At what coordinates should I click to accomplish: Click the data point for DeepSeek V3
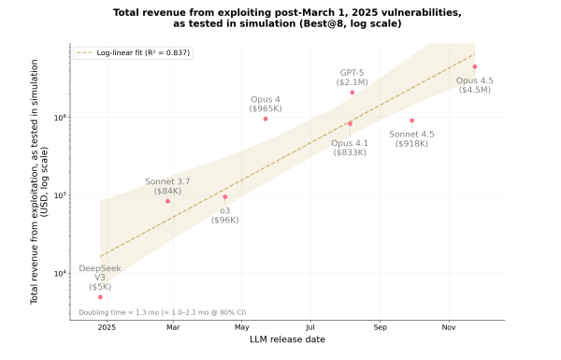tap(100, 296)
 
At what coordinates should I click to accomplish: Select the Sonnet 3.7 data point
tap(167, 201)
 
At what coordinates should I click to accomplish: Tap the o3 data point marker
tap(224, 196)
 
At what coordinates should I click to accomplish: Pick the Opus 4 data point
tap(266, 119)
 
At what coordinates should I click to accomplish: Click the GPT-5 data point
tap(352, 93)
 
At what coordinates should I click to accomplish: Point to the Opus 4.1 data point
tap(350, 123)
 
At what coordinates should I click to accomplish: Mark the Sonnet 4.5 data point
tap(411, 121)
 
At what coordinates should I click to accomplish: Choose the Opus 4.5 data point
tap(475, 66)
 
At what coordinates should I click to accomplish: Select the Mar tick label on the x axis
tap(173, 328)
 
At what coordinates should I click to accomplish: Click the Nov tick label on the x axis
tap(449, 328)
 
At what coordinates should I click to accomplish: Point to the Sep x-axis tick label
tap(380, 328)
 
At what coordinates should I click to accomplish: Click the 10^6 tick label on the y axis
tap(60, 118)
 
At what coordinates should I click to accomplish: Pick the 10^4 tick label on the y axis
tap(60, 273)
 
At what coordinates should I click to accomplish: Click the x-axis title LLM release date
tap(287, 340)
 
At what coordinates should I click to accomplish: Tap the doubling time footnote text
tap(162, 312)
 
